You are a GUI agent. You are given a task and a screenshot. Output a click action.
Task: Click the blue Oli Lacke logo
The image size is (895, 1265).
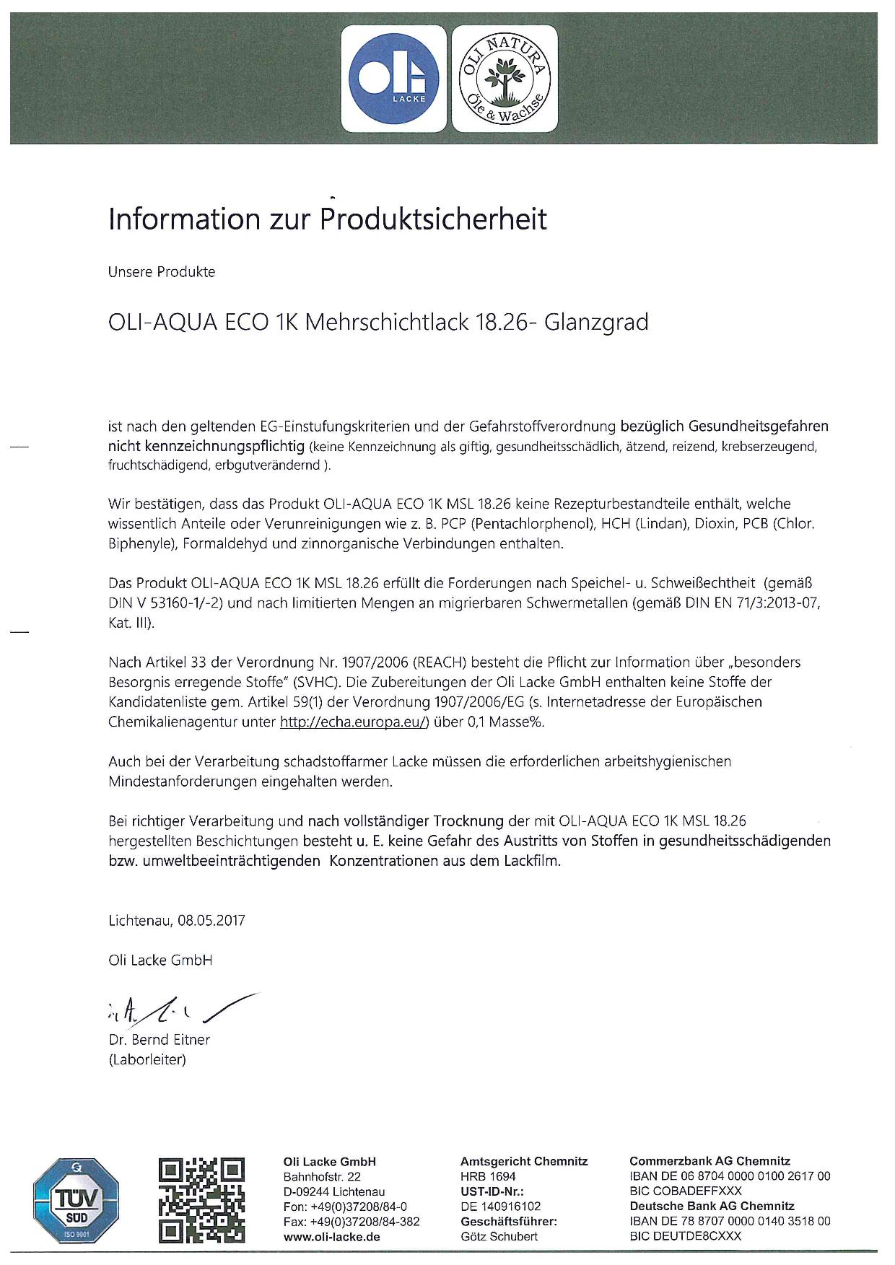point(393,79)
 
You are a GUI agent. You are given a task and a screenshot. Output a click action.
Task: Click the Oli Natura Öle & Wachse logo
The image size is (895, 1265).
point(505,79)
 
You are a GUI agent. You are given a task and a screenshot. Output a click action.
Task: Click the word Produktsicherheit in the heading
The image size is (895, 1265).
point(434,219)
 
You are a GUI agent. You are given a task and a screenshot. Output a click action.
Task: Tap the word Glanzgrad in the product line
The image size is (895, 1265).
point(595,322)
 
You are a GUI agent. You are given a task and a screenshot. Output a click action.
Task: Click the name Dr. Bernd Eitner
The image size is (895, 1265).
point(159,1040)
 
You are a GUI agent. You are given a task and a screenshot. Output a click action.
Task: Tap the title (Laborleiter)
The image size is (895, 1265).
point(147,1060)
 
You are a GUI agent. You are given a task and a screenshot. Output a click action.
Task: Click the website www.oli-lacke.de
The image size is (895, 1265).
point(332,1237)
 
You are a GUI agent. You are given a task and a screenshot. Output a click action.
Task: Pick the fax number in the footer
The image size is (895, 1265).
point(352,1222)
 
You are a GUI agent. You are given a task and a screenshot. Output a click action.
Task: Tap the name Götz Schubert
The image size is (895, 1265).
point(499,1237)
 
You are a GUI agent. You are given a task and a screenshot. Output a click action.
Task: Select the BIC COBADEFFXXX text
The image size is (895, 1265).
point(686,1191)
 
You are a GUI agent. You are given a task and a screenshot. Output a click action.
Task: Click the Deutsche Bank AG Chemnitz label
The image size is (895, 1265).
point(712,1207)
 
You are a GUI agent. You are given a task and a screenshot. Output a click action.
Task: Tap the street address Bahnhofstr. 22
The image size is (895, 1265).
point(322,1176)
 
